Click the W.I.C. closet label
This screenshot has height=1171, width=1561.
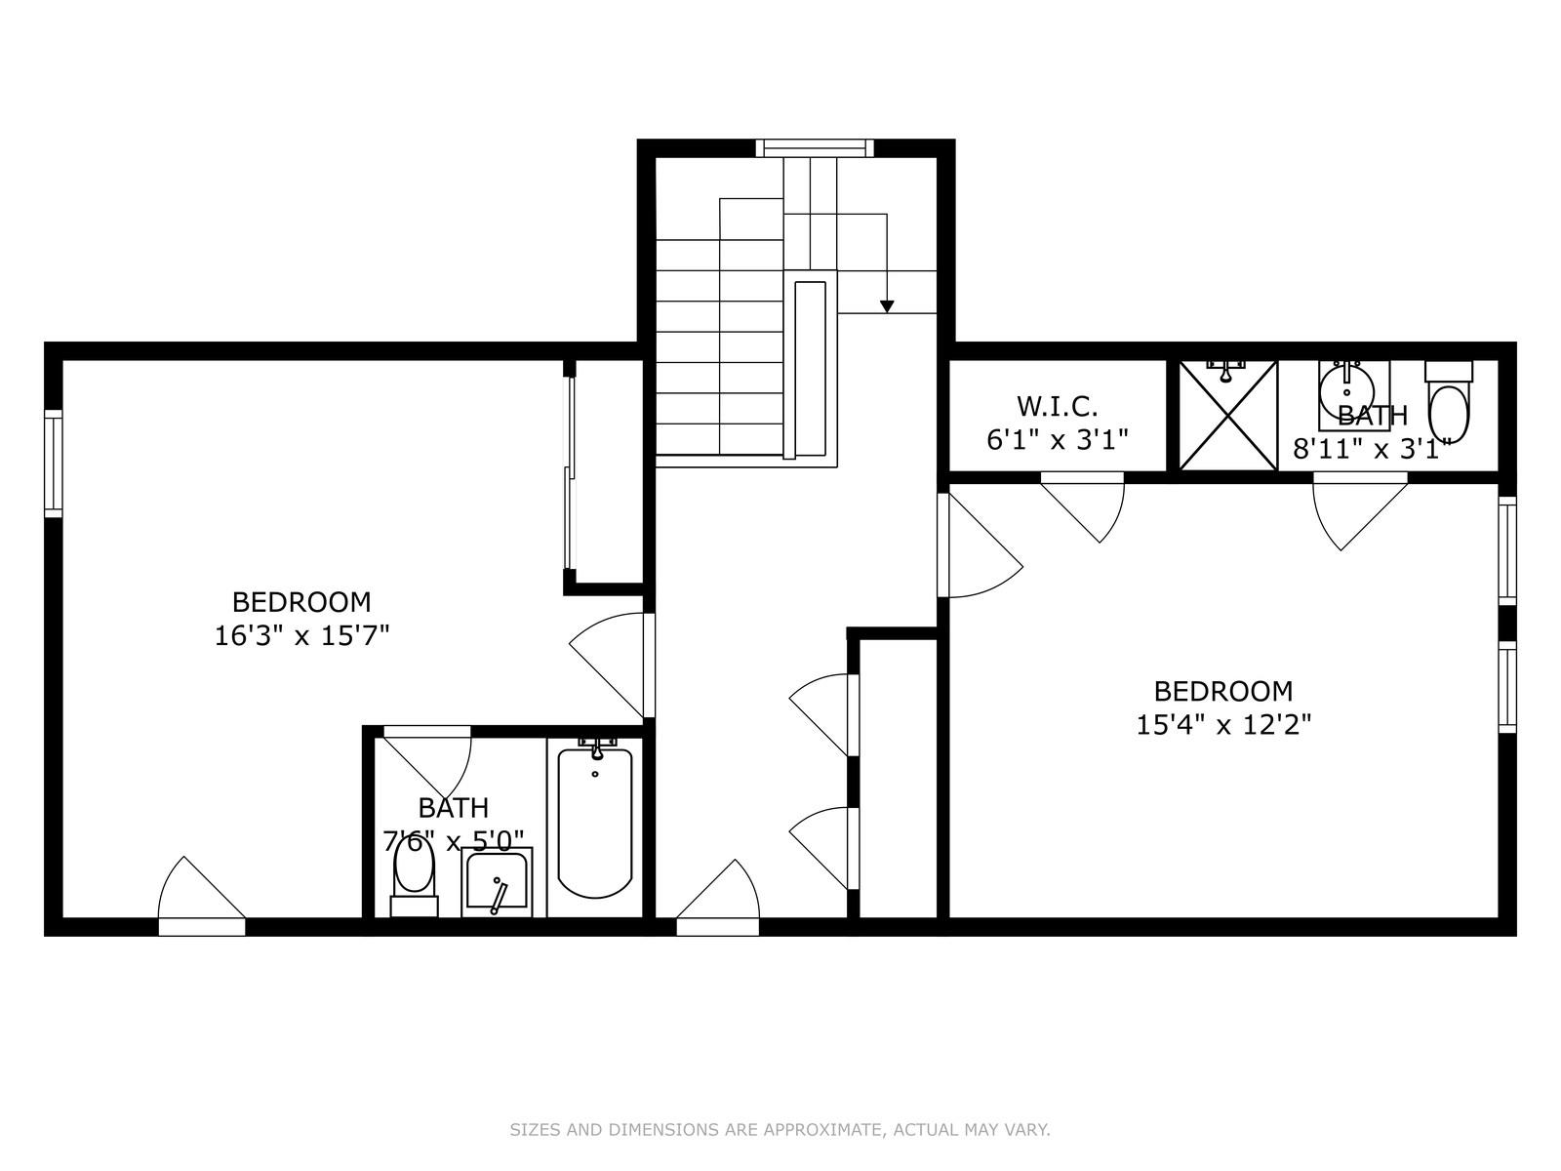point(1058,405)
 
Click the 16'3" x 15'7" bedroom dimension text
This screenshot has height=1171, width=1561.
point(301,636)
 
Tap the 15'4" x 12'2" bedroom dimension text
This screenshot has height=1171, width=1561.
point(1223,725)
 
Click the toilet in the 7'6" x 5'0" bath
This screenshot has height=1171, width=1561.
point(414,871)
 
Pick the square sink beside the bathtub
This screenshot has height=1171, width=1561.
point(498,882)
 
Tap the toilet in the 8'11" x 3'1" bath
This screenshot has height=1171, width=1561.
point(1449,405)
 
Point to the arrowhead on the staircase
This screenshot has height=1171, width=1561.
point(887,306)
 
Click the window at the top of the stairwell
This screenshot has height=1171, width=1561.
point(813,148)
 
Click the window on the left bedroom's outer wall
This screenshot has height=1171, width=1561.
point(54,464)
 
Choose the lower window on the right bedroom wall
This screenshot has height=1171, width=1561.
point(1507,687)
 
